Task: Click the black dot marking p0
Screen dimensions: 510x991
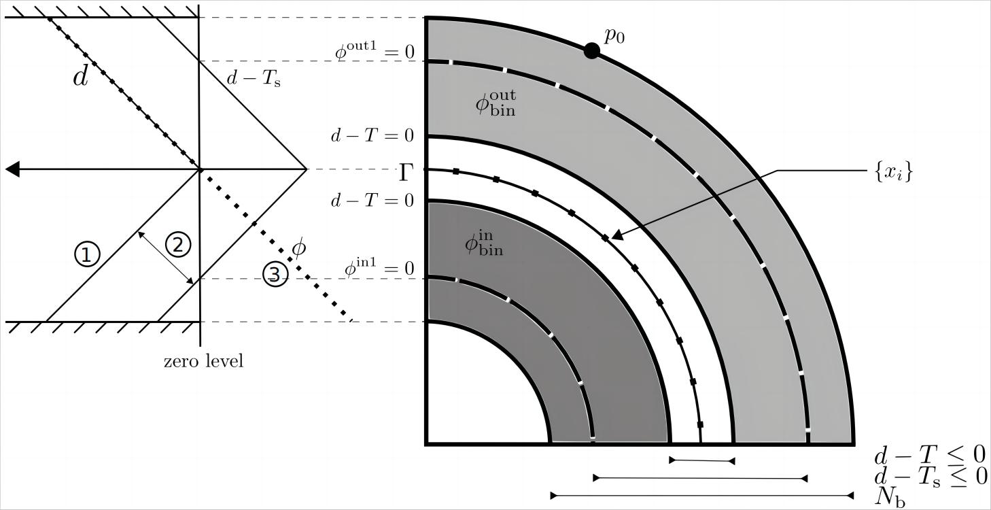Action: [x=592, y=50]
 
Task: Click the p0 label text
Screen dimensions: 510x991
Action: [x=614, y=35]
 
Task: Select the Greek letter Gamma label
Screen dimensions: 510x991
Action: [x=406, y=173]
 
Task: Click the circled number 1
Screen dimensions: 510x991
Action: [x=87, y=254]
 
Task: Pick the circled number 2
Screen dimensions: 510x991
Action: [x=178, y=244]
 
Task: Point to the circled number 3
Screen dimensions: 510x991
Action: [x=275, y=274]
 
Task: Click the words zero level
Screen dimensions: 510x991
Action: [x=203, y=361]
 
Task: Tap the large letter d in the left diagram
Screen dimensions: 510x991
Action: [x=80, y=77]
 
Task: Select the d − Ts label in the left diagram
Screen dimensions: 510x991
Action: [x=253, y=78]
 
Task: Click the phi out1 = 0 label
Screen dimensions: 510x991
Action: [x=374, y=52]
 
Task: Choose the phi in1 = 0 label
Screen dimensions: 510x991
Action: [x=379, y=269]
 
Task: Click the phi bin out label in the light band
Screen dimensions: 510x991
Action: [x=495, y=104]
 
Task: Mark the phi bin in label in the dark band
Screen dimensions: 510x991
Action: [x=484, y=243]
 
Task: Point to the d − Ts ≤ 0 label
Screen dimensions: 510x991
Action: [x=930, y=476]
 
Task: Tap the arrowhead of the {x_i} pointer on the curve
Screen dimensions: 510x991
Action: [x=616, y=235]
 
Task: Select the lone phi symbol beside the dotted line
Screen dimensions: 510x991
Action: [x=298, y=248]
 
